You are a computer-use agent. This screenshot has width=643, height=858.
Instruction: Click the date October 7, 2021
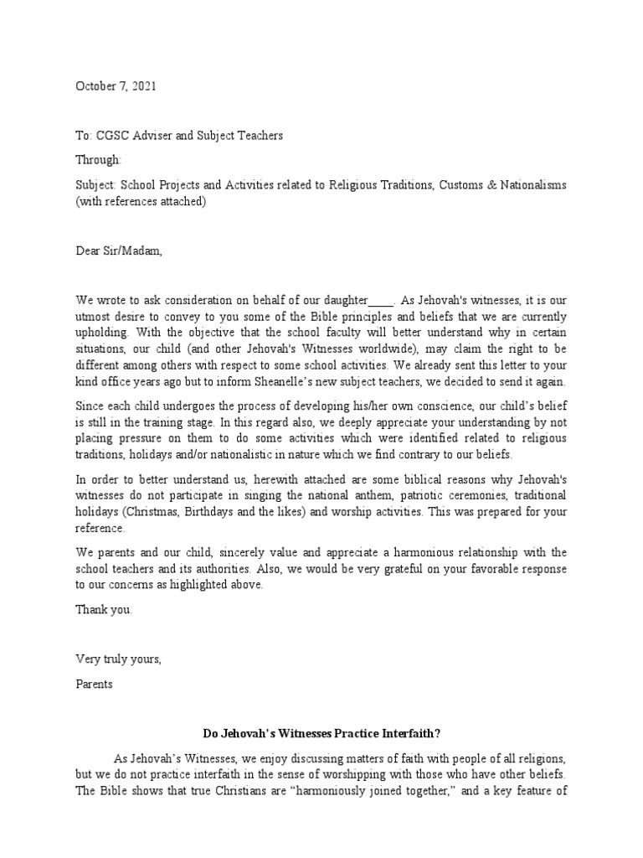[x=116, y=86]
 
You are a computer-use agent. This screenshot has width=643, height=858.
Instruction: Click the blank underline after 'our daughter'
[x=381, y=301]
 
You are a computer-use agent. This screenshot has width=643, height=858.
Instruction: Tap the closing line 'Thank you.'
[x=104, y=610]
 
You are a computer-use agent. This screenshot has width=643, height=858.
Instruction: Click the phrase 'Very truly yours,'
[x=119, y=659]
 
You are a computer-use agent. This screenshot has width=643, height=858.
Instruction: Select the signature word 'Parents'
[x=95, y=684]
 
